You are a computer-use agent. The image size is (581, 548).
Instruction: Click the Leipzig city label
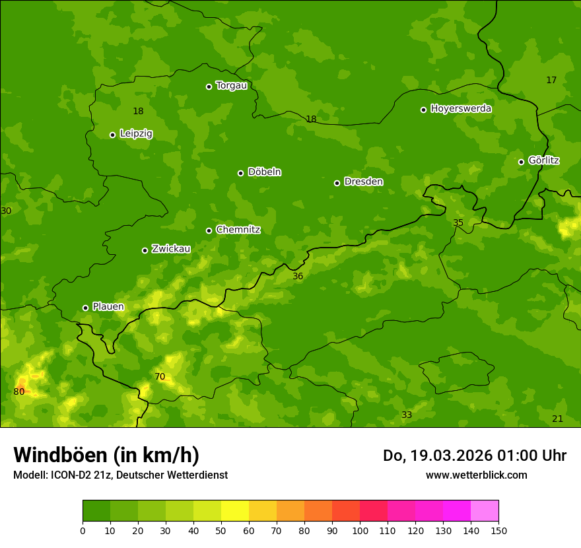click(136, 134)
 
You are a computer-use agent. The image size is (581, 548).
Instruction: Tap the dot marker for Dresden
click(337, 183)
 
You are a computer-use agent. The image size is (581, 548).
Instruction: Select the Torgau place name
click(231, 86)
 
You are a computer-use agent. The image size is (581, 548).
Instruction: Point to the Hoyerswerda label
click(461, 109)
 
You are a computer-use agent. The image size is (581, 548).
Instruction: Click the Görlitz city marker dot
click(521, 162)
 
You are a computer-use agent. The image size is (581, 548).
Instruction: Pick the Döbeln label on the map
click(264, 172)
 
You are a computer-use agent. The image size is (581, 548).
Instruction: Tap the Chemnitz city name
click(238, 230)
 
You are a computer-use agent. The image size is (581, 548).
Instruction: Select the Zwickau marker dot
click(145, 250)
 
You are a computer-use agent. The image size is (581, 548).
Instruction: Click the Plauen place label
click(108, 307)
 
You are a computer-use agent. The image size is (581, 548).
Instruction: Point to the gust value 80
click(19, 392)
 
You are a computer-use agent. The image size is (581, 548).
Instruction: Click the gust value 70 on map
click(160, 377)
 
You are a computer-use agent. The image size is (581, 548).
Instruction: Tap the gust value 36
click(298, 276)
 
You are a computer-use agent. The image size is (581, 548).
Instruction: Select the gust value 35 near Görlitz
click(458, 223)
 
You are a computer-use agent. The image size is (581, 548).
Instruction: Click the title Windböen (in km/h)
click(106, 455)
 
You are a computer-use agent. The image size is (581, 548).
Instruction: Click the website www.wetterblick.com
click(476, 475)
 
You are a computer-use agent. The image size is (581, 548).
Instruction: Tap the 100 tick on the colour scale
click(360, 530)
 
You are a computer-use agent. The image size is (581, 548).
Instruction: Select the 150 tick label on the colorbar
click(498, 530)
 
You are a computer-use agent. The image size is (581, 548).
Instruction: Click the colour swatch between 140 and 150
click(485, 511)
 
